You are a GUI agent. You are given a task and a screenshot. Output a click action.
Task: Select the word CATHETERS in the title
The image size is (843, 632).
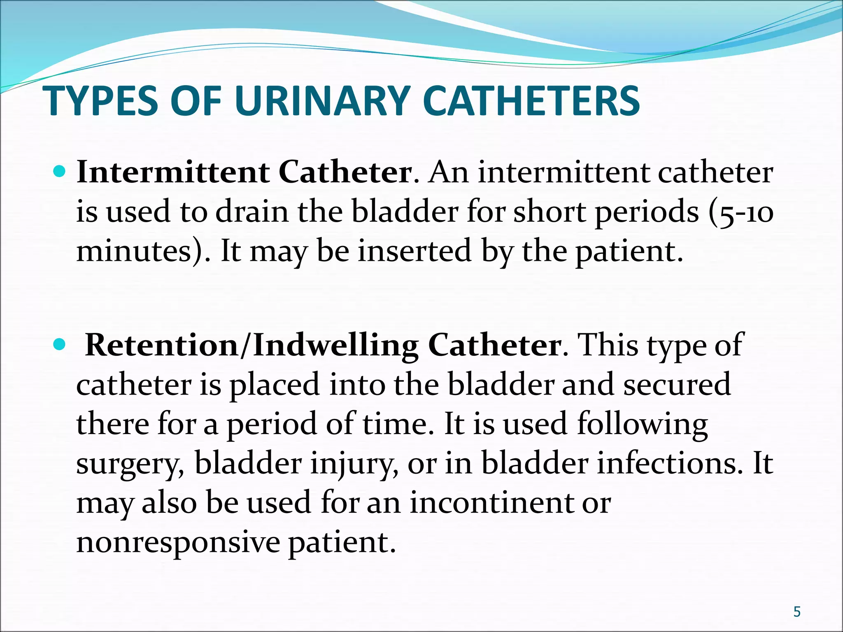tap(531, 101)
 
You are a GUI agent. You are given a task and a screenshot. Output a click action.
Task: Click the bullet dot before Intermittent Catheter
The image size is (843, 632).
tap(60, 171)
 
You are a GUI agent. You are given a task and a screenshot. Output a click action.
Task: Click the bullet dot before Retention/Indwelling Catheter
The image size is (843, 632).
tap(60, 344)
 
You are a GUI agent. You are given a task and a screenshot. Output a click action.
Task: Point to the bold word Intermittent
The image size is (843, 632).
tap(173, 172)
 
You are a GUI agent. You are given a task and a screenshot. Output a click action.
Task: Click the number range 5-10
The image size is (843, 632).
tap(745, 212)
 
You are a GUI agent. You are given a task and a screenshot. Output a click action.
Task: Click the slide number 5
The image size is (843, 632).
tap(797, 612)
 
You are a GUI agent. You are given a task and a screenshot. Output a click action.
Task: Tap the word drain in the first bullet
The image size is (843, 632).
tap(252, 211)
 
